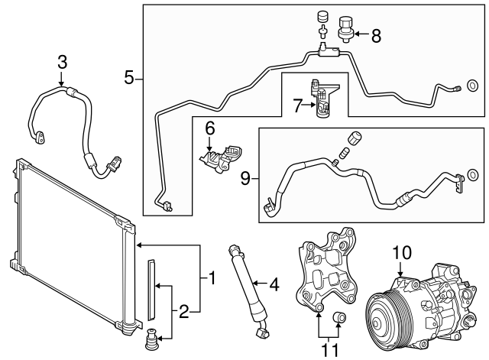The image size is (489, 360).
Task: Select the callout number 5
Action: coord(130,76)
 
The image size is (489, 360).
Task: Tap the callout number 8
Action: coord(375,35)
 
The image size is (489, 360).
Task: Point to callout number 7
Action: coord(299,108)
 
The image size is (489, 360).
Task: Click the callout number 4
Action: coord(274,287)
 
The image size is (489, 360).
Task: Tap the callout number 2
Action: coord(183,311)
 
